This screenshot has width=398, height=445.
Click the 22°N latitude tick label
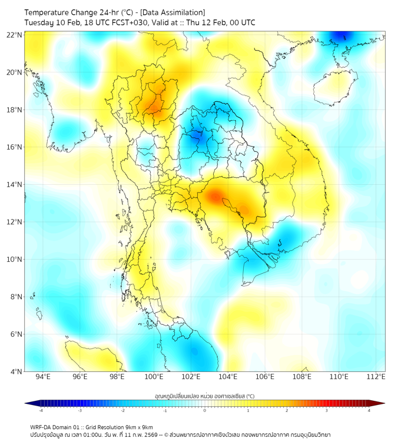[x=15, y=35]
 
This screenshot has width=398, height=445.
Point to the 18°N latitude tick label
[x=15, y=110]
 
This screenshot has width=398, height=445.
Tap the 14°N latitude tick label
[x=15, y=185]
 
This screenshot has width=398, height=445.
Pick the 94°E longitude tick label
[x=43, y=377]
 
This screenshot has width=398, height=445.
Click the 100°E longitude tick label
[x=154, y=377]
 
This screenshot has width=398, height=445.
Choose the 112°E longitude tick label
[x=376, y=377]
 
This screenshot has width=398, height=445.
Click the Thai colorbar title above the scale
[x=204, y=396]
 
